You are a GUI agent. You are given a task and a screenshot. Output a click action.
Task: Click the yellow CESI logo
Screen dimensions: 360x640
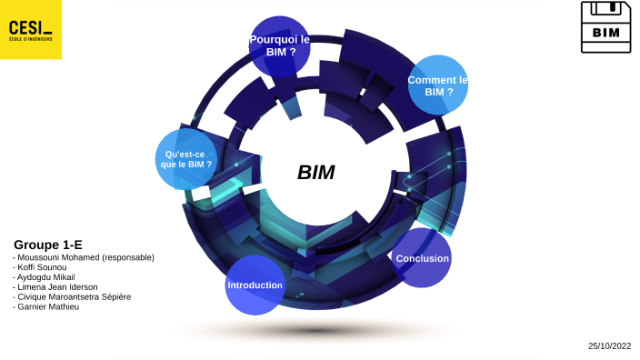(31, 29)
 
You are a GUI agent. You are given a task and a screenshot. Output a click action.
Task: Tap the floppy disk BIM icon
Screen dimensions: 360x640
(605, 26)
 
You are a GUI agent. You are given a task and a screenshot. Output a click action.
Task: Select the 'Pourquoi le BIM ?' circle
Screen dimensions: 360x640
(279, 46)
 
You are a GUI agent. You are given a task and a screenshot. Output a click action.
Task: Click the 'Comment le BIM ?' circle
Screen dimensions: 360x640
(438, 85)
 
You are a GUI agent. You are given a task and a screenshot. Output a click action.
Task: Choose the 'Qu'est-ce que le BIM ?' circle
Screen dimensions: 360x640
(185, 159)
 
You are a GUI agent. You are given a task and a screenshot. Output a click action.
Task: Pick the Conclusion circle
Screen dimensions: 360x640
(422, 258)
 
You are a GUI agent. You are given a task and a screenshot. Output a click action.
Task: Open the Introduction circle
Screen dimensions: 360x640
(255, 285)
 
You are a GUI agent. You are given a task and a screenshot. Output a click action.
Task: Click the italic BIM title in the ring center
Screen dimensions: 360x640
(316, 173)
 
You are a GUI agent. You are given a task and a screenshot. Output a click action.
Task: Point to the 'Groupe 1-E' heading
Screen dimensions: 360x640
(48, 245)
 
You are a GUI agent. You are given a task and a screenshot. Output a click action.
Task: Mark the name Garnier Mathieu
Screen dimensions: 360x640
(48, 307)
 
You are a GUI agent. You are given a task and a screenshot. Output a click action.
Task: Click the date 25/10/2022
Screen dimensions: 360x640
(608, 345)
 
